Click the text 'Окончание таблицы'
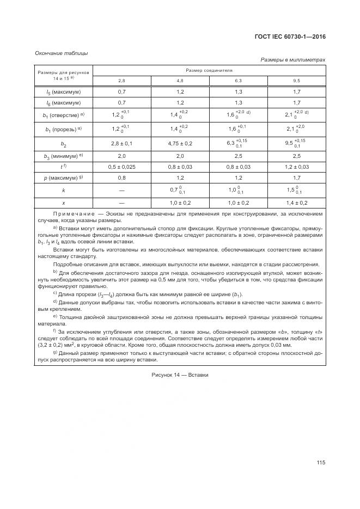[x=61, y=53]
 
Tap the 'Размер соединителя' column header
[x=209, y=71]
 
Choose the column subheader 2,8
[x=121, y=81]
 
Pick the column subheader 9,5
[x=296, y=81]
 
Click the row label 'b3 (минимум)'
[x=63, y=156]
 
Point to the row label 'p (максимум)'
[x=63, y=177]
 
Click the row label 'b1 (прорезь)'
[x=63, y=129]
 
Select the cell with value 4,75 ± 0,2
[x=180, y=143]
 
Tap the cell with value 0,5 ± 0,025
[x=121, y=167]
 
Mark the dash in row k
[x=121, y=190]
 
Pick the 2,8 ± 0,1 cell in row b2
[x=121, y=143]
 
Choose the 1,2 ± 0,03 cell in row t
[x=296, y=167]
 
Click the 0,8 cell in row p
[x=121, y=177]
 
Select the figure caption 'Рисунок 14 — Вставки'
[x=180, y=375]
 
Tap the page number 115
[x=320, y=463]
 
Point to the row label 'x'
[x=63, y=203]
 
